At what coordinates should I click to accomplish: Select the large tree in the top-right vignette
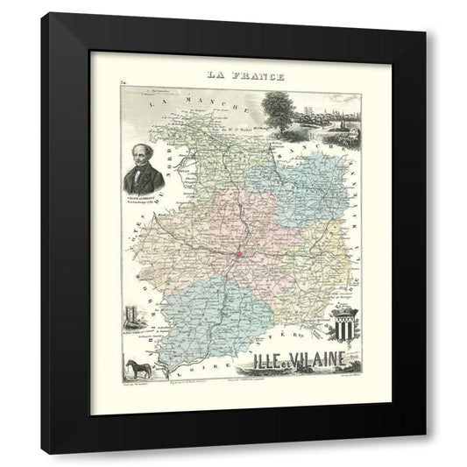tap(277, 107)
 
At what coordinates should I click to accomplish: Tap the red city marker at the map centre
tap(237, 255)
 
